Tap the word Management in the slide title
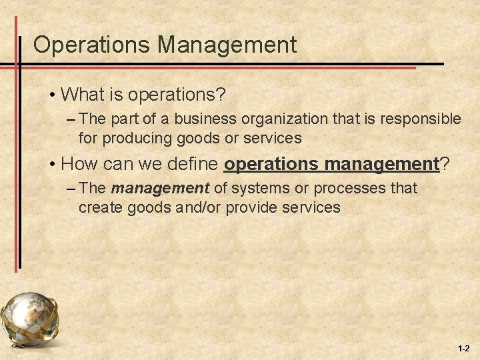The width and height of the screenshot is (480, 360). (227, 45)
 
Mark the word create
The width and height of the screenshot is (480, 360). (98, 207)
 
